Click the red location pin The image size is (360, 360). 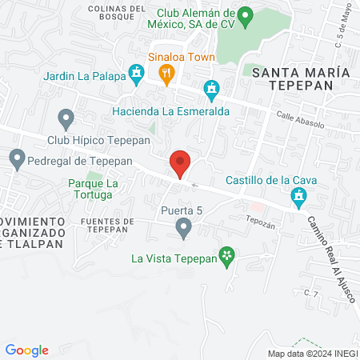point(180,163)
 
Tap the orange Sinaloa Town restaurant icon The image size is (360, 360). point(166,75)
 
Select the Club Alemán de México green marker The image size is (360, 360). point(246,15)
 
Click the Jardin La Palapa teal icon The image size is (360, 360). point(138,75)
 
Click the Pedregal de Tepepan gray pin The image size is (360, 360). point(17,158)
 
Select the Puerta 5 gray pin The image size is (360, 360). point(184,230)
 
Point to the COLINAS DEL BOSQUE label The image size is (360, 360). point(118,14)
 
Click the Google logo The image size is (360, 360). point(26,350)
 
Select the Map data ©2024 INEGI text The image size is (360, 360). point(312,354)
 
